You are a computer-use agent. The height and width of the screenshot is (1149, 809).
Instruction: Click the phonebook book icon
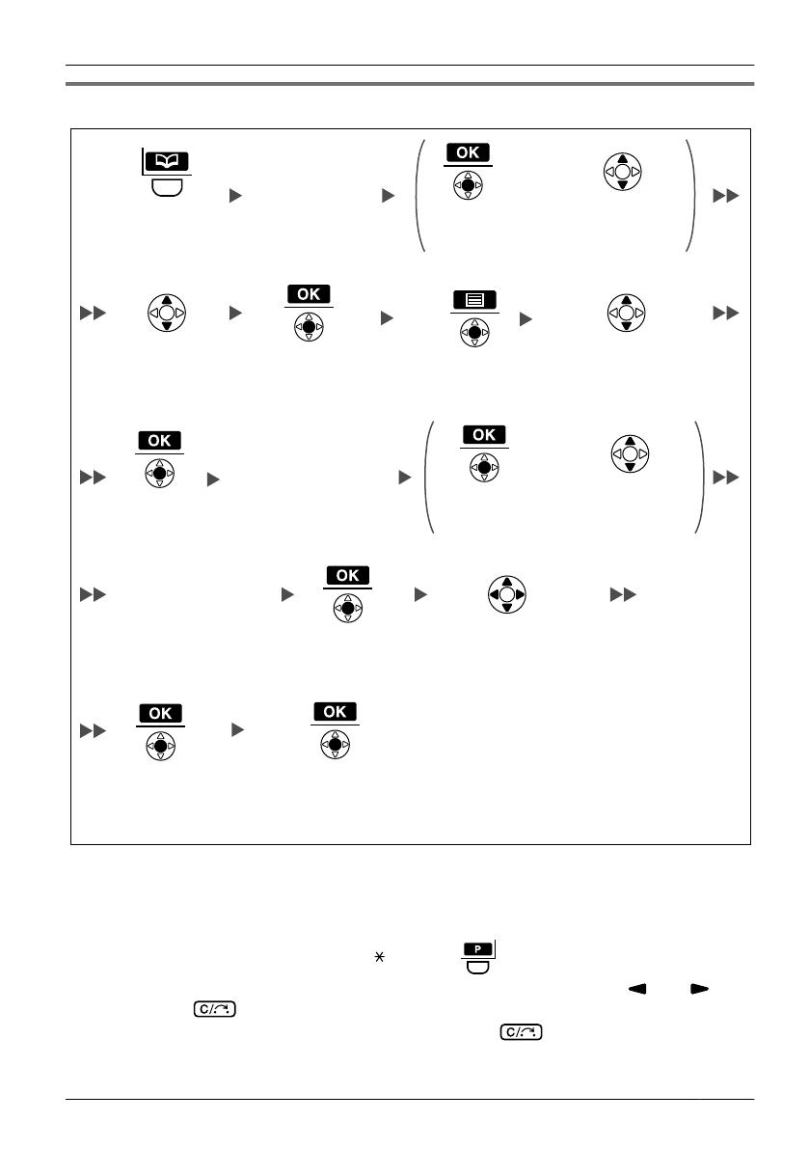click(x=167, y=161)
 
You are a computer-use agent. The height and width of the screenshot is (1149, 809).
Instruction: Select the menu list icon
click(x=475, y=299)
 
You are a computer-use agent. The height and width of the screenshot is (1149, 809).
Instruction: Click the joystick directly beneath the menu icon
click(x=475, y=333)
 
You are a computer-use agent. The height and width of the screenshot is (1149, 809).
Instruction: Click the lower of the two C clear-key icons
click(x=522, y=1033)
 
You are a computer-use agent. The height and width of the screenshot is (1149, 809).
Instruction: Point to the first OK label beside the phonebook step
click(x=468, y=152)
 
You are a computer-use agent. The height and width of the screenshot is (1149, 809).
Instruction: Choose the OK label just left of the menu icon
click(x=309, y=293)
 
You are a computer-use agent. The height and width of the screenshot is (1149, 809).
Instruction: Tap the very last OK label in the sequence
click(x=335, y=711)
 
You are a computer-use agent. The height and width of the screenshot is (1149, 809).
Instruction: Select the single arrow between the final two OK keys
click(x=237, y=731)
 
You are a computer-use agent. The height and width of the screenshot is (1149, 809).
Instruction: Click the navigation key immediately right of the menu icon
click(x=627, y=313)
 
